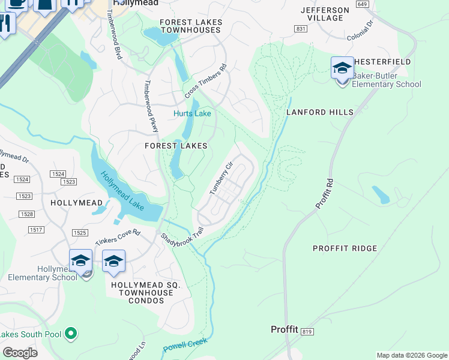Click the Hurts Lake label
click(192, 113)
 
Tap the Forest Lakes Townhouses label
click(191, 26)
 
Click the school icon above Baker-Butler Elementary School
click(342, 68)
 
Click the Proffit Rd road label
click(324, 193)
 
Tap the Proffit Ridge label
click(345, 248)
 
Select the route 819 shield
click(308, 331)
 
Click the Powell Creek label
click(185, 345)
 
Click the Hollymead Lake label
click(122, 191)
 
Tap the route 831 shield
click(301, 29)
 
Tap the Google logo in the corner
click(20, 353)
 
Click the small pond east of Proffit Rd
click(380, 194)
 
